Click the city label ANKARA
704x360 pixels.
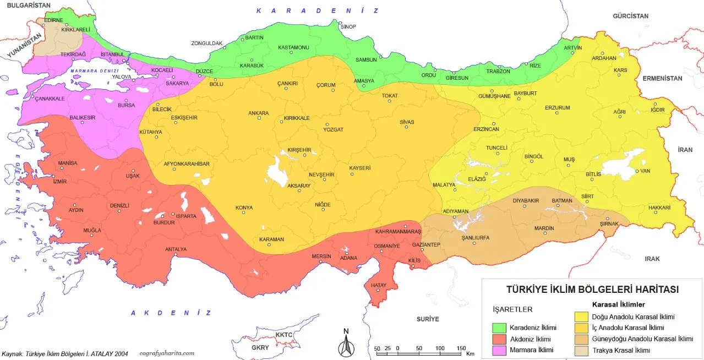258,113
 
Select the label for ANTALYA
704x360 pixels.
176,249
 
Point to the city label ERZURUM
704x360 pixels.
557,107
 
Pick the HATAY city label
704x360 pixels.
379,285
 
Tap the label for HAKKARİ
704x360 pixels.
659,208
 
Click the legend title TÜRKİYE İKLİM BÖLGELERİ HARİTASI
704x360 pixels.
592,289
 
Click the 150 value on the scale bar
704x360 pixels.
461,348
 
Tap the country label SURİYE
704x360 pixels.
428,319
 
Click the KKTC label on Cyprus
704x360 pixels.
284,335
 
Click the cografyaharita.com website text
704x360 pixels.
167,353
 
